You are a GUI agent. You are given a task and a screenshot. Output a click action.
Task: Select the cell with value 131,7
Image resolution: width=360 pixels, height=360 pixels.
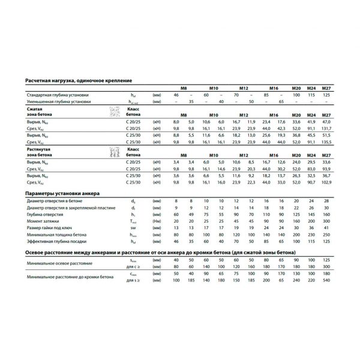(327, 128)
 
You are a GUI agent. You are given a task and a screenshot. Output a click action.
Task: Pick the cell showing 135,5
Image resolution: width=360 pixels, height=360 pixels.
(327, 142)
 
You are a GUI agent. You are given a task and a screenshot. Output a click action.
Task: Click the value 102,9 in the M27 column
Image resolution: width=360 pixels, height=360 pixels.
(327, 182)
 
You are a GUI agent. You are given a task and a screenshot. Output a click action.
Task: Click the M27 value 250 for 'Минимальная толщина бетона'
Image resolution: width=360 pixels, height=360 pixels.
(327, 235)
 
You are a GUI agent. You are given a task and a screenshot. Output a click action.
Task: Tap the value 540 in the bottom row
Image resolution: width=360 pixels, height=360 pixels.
(327, 280)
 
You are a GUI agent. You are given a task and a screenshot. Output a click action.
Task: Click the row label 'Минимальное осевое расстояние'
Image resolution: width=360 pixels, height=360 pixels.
(59, 263)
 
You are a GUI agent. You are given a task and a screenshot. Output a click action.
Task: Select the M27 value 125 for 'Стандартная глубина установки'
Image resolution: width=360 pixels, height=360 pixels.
(327, 95)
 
